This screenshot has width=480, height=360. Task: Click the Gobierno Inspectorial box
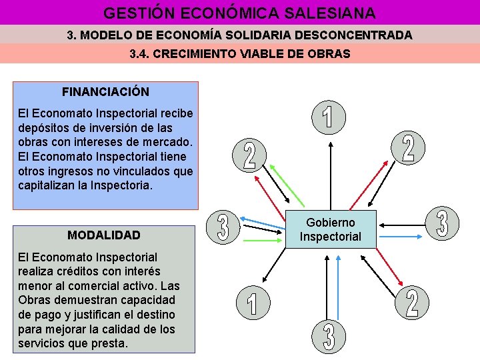330,229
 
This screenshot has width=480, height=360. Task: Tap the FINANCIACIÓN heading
105,91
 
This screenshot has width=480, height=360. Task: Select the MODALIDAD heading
104,235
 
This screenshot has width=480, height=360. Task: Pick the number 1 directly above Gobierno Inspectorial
329,115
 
